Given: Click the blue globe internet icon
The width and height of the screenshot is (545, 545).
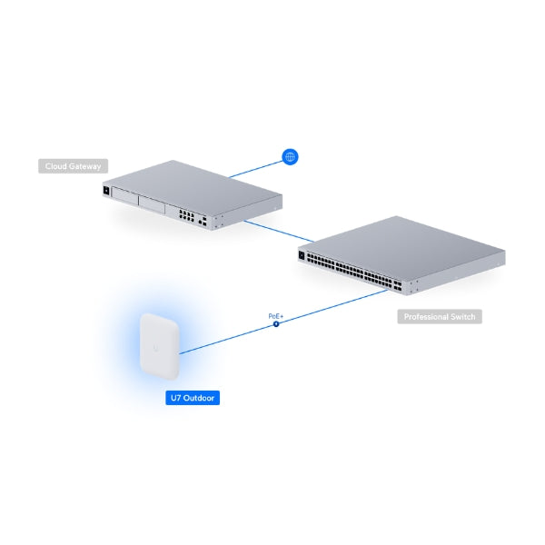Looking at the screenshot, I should [291, 157].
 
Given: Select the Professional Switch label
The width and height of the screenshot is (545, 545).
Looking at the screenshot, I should [440, 317].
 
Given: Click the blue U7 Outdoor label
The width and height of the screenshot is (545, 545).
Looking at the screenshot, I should [192, 398].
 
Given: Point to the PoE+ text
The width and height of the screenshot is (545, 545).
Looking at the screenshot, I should [276, 315].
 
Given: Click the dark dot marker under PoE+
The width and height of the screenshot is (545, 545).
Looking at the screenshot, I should [276, 323].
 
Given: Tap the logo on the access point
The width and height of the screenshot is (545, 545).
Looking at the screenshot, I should [161, 348].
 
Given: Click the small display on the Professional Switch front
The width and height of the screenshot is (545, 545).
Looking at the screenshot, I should [302, 256].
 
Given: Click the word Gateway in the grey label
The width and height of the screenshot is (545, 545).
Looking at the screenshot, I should [88, 166].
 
